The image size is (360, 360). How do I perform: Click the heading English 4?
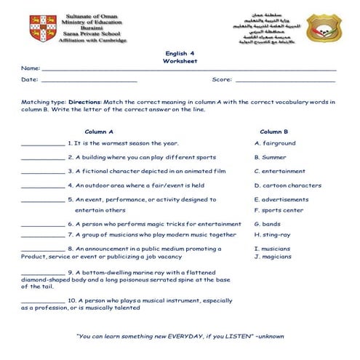click(x=180, y=54)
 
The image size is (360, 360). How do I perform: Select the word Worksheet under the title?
click(x=180, y=62)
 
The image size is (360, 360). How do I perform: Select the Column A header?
click(x=99, y=132)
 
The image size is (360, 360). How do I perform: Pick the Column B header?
click(x=274, y=132)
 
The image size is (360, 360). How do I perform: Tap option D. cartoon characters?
click(x=287, y=185)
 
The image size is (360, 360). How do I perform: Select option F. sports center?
click(x=279, y=210)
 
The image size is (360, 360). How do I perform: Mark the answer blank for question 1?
click(x=43, y=145)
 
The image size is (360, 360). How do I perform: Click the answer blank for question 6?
click(x=43, y=226)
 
